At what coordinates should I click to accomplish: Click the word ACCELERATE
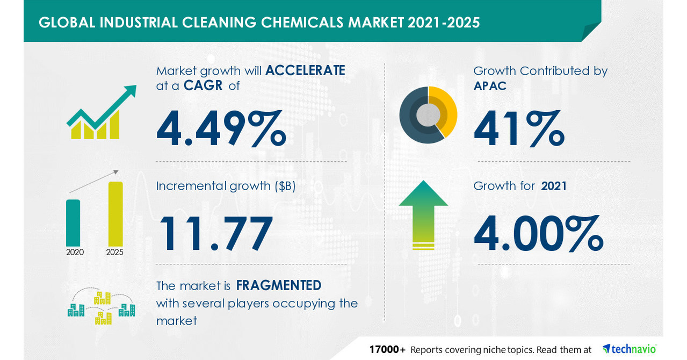[305, 71]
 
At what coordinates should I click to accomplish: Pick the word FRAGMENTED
[279, 285]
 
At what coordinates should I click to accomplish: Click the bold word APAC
[490, 85]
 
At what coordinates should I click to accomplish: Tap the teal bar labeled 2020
[73, 222]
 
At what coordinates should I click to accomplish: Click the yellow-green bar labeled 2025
[115, 213]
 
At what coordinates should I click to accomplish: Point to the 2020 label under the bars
[75, 252]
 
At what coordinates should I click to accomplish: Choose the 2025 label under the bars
[114, 252]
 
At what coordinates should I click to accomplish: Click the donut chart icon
[428, 114]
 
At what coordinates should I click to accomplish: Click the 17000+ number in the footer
[387, 350]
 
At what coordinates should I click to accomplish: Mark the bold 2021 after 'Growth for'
[554, 186]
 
